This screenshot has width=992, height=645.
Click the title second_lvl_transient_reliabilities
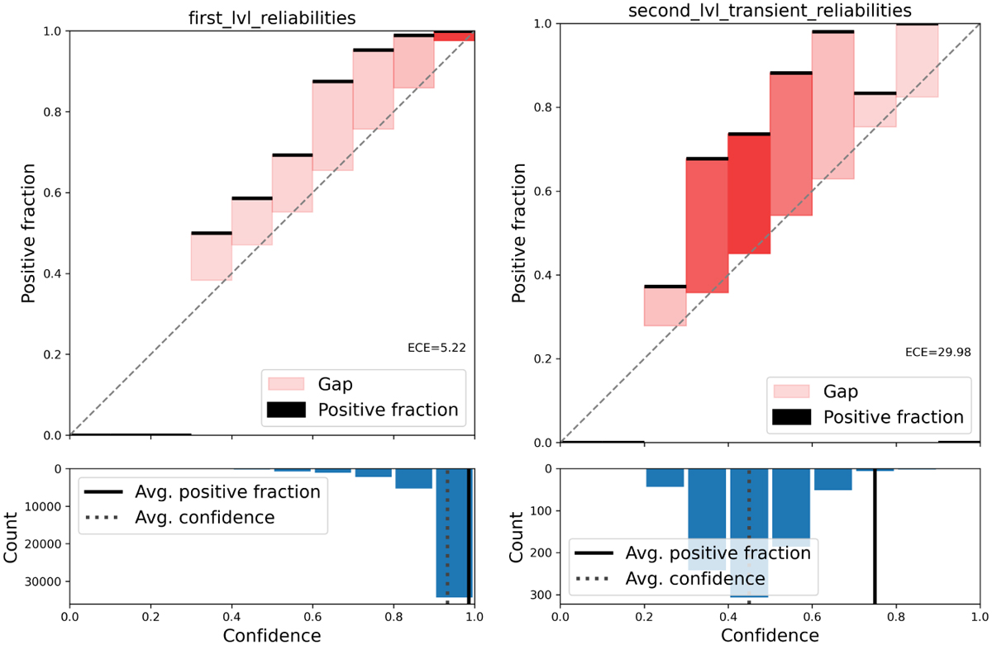(770, 11)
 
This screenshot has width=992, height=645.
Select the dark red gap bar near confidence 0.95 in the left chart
(454, 36)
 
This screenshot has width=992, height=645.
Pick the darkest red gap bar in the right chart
(749, 194)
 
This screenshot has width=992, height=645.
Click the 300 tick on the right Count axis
(541, 595)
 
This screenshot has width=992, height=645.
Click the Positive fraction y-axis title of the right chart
(518, 233)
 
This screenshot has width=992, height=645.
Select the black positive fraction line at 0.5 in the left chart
(211, 233)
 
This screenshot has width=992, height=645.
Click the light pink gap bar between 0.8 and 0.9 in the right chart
(917, 61)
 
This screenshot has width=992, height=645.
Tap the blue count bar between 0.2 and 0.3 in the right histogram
(665, 477)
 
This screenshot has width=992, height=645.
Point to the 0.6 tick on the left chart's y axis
(51, 192)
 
